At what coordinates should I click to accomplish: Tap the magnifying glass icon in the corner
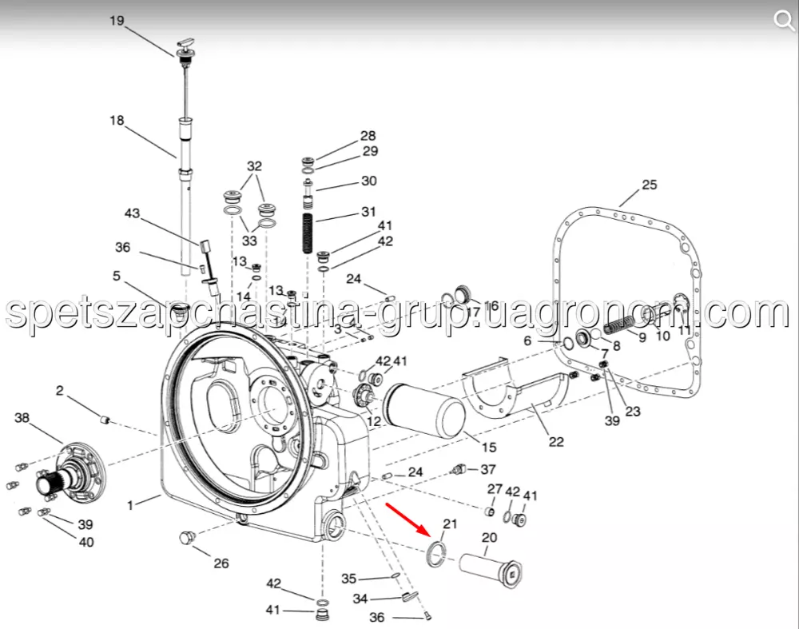[x=783, y=21]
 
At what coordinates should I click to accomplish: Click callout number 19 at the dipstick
[x=117, y=21]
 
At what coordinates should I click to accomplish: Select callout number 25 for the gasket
[x=649, y=185]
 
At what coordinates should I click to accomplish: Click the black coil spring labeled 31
[x=308, y=233]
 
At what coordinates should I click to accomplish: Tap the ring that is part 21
[x=436, y=555]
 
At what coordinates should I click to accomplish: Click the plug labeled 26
[x=188, y=538]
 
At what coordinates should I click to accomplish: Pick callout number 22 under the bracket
[x=556, y=441]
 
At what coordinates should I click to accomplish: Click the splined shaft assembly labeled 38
[x=70, y=472]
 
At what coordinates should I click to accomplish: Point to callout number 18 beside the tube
[x=117, y=121]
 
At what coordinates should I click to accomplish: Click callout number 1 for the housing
[x=130, y=505]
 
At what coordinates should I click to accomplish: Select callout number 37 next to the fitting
[x=488, y=469]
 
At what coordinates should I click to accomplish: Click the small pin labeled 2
[x=105, y=420]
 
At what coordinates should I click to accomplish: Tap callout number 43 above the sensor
[x=132, y=213]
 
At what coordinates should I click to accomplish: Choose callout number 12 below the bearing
[x=373, y=421]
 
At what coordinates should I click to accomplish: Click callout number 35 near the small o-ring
[x=349, y=579]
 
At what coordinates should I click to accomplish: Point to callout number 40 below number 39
[x=86, y=542]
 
